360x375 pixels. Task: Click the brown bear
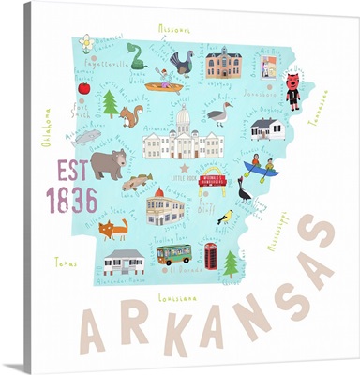tap(109, 165)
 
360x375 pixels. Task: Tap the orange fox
tap(113, 228)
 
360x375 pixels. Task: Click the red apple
tap(83, 88)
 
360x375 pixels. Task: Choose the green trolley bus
tap(173, 254)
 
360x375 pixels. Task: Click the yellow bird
tap(224, 217)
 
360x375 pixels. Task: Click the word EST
tap(70, 172)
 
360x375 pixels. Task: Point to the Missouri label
tap(173, 29)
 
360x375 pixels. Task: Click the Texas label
tap(65, 262)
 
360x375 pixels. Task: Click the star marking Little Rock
tap(184, 168)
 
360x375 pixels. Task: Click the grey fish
tap(87, 136)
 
